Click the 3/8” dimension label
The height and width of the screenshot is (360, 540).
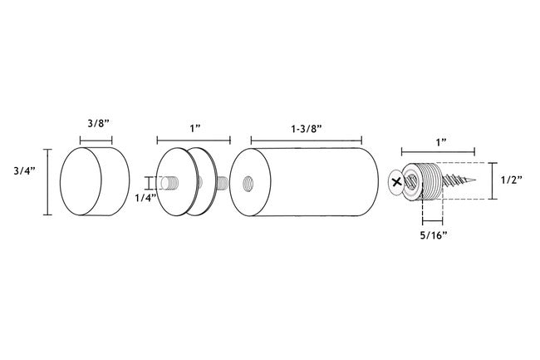coord(98,124)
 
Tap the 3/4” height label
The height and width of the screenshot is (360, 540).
coord(25,171)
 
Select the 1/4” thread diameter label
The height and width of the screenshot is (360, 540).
coord(145,198)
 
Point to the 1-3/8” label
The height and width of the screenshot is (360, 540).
coord(307,129)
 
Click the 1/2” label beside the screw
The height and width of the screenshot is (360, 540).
coord(512,180)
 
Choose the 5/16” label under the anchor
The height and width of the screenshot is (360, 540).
coord(434,235)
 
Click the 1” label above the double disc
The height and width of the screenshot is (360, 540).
coord(195,129)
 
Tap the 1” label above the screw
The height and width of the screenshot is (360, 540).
coord(441,142)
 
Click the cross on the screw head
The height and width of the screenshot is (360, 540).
coord(397,181)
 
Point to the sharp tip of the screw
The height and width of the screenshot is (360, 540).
coord(475,180)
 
